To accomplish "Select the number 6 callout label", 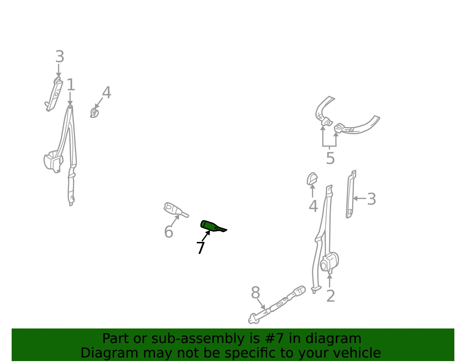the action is point(169,232).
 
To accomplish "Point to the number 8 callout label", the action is point(255,293).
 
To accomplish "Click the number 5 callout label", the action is point(330,158).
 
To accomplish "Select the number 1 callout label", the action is point(71,85).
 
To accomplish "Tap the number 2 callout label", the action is point(331,296).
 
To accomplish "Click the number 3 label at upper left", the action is point(60,57).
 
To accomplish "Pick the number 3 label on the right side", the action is point(372,199).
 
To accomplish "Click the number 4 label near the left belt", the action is point(107,92).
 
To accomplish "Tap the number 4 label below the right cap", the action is point(313,206).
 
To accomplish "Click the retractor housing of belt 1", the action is point(53,161).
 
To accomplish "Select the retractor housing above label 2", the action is point(329,262).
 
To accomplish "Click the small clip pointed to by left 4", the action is point(94,113).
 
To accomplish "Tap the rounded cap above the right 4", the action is point(312,179).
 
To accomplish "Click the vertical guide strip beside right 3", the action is point(351,194).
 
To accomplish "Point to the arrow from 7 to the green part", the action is point(206,235).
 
